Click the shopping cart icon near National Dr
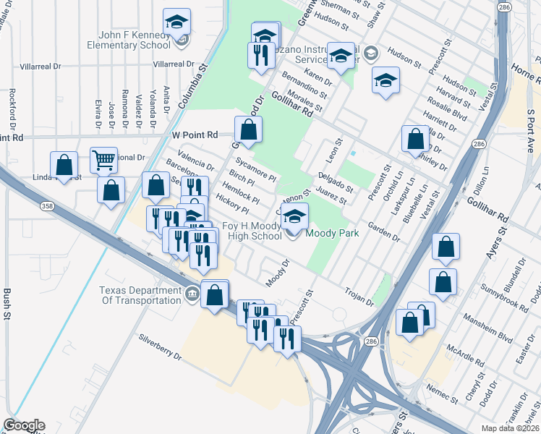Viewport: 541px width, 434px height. click(x=103, y=159)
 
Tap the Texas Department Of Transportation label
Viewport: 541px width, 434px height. click(x=140, y=295)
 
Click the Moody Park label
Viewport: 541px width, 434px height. click(x=333, y=234)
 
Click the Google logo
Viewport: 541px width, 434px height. click(x=24, y=425)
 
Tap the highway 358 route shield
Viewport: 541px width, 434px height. click(x=47, y=207)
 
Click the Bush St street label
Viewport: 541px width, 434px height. click(x=7, y=303)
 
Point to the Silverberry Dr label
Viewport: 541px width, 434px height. click(x=160, y=346)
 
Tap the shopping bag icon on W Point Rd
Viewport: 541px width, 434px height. click(x=248, y=130)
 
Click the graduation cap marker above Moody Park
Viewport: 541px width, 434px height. click(x=294, y=216)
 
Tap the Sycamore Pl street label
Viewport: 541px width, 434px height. click(x=256, y=171)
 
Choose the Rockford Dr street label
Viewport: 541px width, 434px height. click(x=12, y=109)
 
